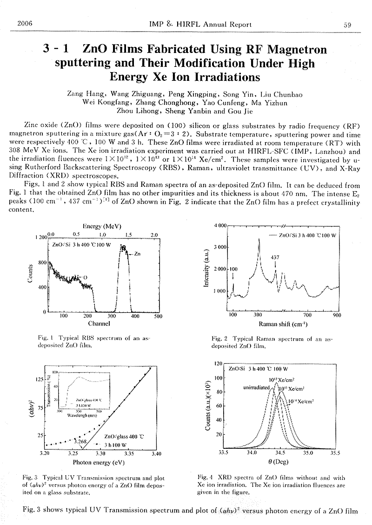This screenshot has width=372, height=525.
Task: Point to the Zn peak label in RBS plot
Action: click(138, 254)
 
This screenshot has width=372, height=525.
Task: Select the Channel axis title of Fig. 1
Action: click(99, 323)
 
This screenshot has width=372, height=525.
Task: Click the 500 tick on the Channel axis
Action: click(158, 316)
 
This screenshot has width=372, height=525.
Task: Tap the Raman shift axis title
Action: click(285, 323)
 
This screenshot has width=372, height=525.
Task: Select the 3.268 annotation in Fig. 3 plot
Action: click(80, 441)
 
